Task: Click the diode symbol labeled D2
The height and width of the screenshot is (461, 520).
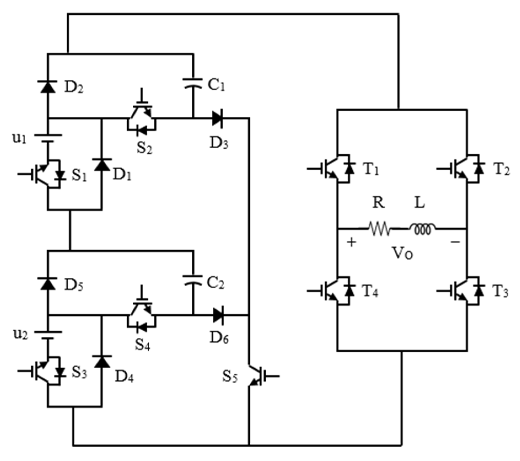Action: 47,87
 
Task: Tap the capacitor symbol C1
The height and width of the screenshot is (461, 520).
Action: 193,83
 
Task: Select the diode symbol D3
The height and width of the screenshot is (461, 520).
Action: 217,118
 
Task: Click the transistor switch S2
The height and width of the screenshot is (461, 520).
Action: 142,119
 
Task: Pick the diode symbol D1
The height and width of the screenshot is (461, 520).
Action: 102,165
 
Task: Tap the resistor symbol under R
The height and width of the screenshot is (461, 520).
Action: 379,229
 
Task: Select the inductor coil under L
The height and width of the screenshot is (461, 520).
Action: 422,229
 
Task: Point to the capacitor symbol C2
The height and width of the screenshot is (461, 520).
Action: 193,280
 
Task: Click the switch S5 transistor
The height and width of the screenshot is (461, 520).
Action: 255,376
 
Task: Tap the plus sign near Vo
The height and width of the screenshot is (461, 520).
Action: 351,242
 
